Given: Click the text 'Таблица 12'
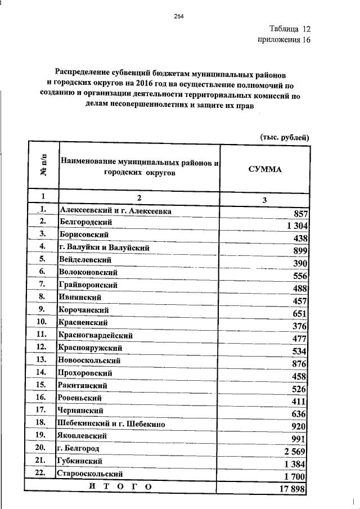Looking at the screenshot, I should pos(289,29).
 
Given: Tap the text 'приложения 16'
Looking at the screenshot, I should pos(284,40).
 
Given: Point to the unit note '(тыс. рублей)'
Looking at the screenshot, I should pos(285,137).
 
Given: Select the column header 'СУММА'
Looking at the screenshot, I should pos(264,169).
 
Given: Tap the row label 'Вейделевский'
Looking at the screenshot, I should pos(85,260).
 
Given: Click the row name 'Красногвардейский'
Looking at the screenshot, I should pos(95,335).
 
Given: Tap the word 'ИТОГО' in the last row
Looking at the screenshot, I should pos(120,485).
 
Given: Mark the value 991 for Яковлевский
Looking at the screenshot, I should pos(299,438).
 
